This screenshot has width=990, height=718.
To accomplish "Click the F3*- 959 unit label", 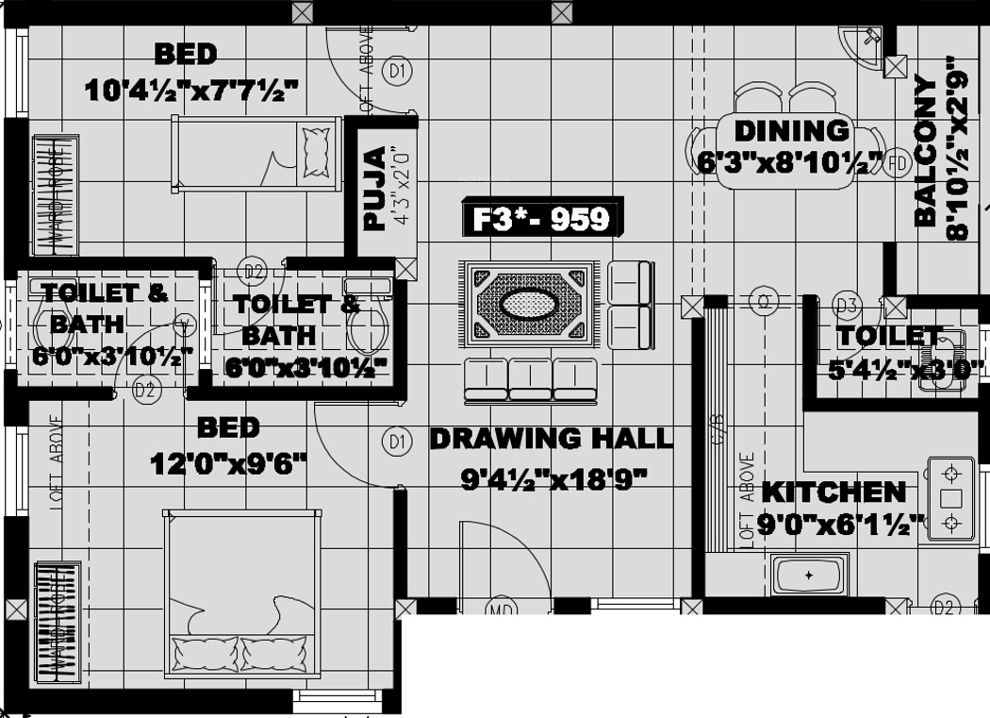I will coord(540,219).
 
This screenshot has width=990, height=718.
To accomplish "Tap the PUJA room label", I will coord(376,188).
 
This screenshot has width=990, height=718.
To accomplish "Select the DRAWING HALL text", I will coord(552,438).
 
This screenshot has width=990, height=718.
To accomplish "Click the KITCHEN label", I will coord(833,492).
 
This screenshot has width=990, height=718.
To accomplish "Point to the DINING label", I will coord(790,130).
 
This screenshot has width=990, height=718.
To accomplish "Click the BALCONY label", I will coord(926,151).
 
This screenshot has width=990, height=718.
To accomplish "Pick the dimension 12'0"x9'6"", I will coord(229,463).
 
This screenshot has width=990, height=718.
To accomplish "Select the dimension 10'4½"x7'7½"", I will coord(191,91).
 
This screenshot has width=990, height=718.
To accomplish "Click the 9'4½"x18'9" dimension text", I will coord(553,480).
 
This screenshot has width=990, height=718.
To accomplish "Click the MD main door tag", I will coord(502,609).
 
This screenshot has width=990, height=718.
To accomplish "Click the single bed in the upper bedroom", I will coord(255,152).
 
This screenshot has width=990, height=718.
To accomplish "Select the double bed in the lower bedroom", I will coord(240,594).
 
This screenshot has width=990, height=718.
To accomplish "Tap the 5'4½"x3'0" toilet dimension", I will coord(905,369).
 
